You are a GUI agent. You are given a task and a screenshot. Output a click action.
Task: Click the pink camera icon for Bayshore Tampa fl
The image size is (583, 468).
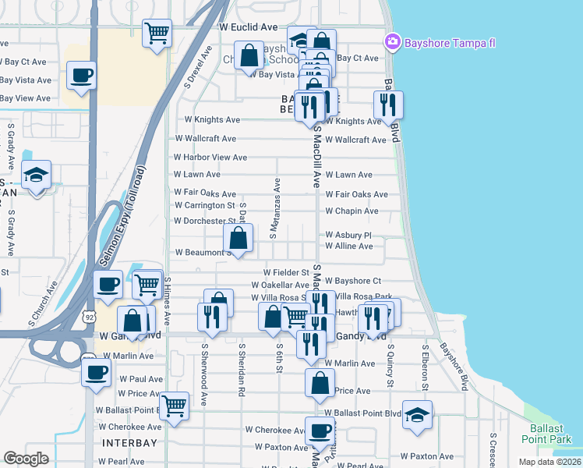[393, 41]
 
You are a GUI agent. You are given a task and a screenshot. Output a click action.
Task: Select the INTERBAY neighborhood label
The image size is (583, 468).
[129, 442]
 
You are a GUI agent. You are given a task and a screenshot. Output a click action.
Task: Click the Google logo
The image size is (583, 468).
[26, 459]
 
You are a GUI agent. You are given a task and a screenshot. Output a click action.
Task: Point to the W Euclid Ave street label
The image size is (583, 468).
[248, 27]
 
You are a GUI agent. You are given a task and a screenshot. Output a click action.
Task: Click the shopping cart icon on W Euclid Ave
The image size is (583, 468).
[157, 33]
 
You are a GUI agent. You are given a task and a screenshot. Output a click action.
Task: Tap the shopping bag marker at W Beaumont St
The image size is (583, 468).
[238, 237]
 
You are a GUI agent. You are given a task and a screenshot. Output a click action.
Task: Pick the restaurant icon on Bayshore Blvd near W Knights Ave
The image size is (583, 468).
[387, 105]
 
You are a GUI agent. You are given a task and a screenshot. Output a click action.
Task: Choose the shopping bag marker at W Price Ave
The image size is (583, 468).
[320, 383]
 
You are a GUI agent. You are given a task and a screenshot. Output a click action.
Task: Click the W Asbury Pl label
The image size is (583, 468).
[348, 234]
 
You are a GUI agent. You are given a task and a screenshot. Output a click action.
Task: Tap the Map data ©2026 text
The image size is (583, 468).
[549, 462]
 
